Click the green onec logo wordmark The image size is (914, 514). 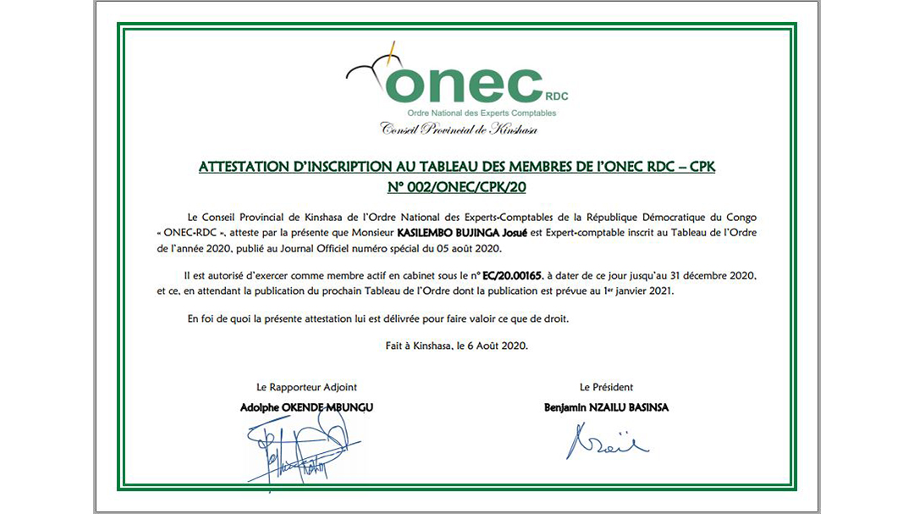(464, 85)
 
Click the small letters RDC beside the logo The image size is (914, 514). (556, 97)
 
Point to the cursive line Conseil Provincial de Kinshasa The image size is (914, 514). (459, 129)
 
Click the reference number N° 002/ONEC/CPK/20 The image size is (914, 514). (457, 186)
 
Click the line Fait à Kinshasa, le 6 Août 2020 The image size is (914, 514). (457, 345)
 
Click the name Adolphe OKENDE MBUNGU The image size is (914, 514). (306, 407)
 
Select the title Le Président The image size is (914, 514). (606, 387)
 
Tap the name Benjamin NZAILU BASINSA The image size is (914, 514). (606, 407)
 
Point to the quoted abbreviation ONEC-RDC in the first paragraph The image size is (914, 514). (194, 232)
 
